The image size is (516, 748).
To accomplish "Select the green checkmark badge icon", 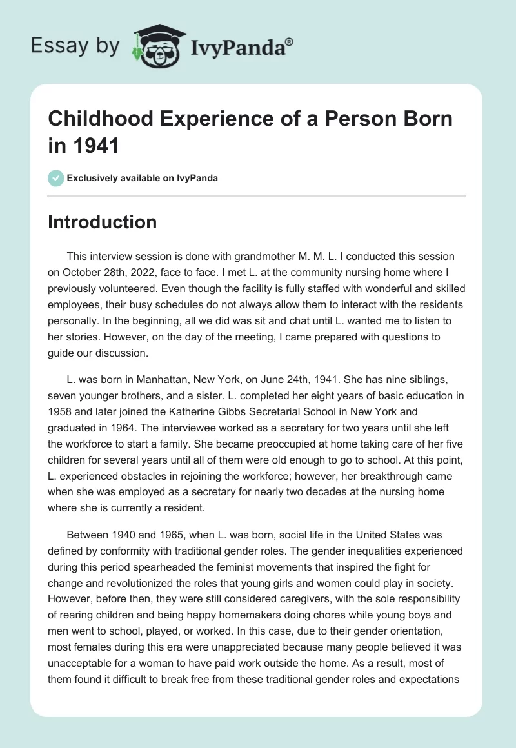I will coord(56,178).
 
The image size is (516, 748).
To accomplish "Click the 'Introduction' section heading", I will coord(103,222).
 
